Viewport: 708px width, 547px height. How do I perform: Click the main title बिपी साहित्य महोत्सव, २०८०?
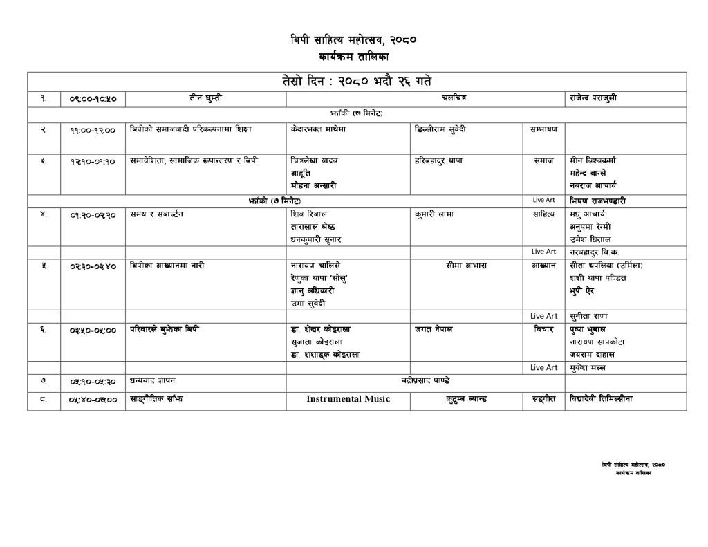coord(353,40)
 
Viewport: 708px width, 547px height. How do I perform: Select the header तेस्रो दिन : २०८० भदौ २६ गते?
coord(357,82)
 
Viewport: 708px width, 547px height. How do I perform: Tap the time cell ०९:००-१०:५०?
coord(93,99)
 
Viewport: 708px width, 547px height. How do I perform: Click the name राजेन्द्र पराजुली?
coord(593,98)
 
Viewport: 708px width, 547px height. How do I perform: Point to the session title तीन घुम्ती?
coord(205,98)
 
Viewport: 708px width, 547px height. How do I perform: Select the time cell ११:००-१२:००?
coord(93,129)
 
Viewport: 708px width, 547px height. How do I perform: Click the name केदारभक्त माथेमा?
coord(319,129)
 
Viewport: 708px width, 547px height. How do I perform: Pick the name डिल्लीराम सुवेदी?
coord(440,129)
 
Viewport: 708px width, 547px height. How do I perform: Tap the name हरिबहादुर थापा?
coord(438,160)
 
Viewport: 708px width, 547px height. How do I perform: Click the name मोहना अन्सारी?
coord(314,185)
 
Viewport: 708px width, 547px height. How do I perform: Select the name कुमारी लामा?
coord(434,214)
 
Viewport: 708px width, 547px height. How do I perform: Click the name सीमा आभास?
coord(467,266)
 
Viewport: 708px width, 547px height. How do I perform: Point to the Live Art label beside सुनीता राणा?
coord(543,316)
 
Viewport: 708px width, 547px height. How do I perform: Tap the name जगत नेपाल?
coord(434,329)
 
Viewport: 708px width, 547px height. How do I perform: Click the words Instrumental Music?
coord(348,399)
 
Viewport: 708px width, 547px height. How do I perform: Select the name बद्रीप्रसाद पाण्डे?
coord(426,380)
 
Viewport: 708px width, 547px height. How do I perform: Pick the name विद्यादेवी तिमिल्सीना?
coord(601,398)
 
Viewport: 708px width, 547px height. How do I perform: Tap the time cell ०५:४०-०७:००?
coord(93,400)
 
